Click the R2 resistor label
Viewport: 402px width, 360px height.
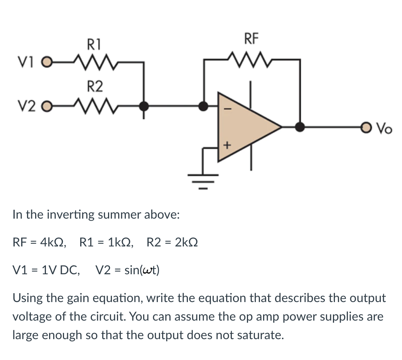[94, 86]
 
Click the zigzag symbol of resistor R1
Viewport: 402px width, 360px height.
[94, 61]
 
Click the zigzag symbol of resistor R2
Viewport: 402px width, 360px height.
[94, 105]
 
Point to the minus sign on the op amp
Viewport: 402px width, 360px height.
[227, 110]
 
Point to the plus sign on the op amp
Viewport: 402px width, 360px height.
[227, 146]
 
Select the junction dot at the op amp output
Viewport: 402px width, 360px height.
[300, 126]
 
